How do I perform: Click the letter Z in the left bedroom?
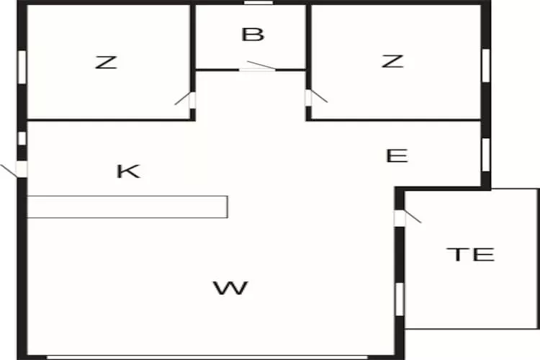tap(106, 62)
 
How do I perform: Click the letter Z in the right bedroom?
tap(392, 61)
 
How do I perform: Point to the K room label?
tap(128, 171)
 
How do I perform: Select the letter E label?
tap(397, 156)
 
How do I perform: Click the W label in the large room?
tap(230, 289)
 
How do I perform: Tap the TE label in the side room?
tap(470, 253)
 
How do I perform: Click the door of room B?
tap(257, 67)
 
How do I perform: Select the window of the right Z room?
tap(486, 62)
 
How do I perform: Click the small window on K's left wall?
tap(22, 138)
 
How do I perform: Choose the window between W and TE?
tap(400, 299)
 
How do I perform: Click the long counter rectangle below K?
tap(127, 207)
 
